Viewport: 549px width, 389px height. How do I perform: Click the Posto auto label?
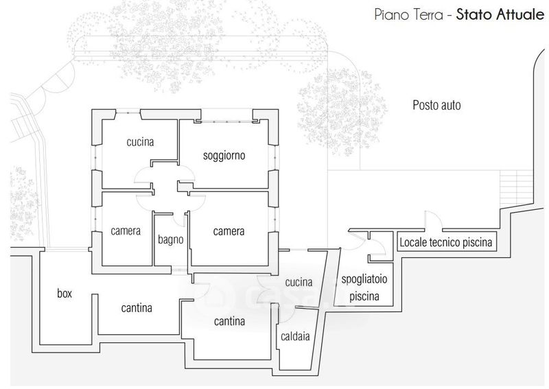[436, 106]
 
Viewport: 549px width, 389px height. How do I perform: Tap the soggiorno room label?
[224, 156]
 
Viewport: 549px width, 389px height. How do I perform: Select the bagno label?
[170, 240]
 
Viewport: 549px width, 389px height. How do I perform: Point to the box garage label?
[65, 294]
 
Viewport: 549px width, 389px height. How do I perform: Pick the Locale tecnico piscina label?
[446, 242]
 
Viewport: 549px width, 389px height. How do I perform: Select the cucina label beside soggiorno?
[140, 143]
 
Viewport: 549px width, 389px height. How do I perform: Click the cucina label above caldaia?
[299, 282]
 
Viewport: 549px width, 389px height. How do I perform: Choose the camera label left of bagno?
[126, 231]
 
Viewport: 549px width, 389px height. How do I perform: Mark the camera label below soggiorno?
[229, 231]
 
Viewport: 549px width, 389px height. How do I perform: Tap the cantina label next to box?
[137, 308]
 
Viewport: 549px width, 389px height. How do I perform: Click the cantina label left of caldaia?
[230, 320]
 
